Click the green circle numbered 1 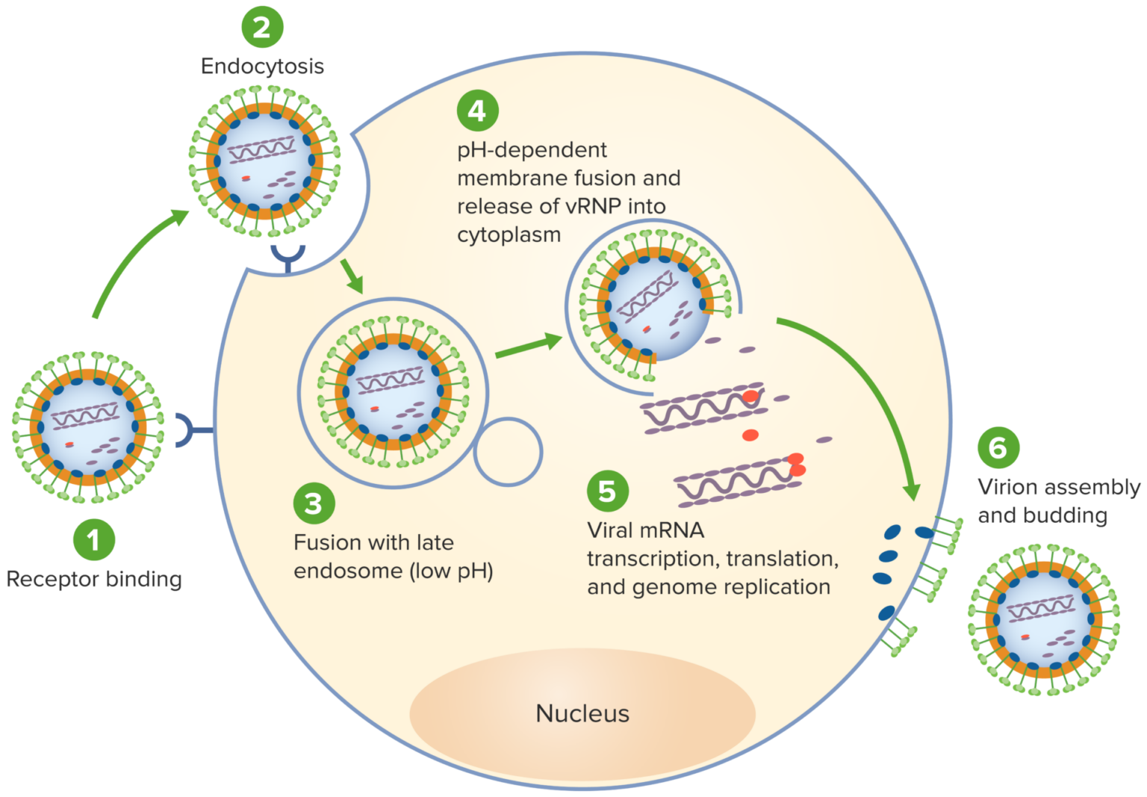click(x=93, y=539)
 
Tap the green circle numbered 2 click(x=262, y=28)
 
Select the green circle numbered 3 click(x=314, y=503)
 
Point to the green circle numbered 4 click(x=477, y=111)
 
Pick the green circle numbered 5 click(x=607, y=491)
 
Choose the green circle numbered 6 click(x=998, y=447)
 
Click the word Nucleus click(x=582, y=713)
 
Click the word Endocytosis click(x=262, y=66)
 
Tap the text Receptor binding click(x=94, y=579)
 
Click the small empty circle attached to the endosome click(x=508, y=452)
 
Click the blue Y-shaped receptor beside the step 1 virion click(x=190, y=430)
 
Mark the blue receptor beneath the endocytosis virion click(x=287, y=257)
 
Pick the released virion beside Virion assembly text click(x=1043, y=619)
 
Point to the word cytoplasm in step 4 click(x=509, y=235)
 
